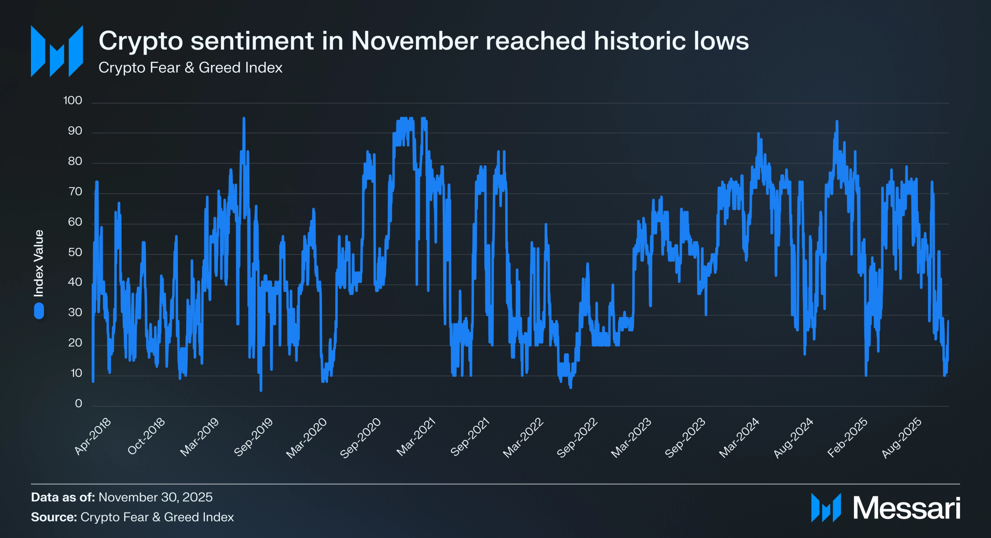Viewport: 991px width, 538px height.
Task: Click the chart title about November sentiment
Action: click(x=423, y=41)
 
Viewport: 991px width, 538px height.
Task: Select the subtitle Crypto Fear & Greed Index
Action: click(x=190, y=68)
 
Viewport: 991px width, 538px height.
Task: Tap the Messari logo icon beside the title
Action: click(x=57, y=51)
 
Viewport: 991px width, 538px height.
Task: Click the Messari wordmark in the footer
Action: click(x=906, y=508)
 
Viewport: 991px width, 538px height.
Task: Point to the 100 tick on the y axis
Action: click(x=73, y=100)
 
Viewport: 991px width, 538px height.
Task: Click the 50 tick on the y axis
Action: click(x=74, y=252)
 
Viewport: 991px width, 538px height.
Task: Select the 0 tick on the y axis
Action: click(x=78, y=404)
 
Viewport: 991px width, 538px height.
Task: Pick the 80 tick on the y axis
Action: click(x=74, y=161)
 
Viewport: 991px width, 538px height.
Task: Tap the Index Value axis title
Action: click(x=39, y=263)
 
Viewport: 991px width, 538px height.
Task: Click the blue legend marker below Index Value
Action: click(x=39, y=311)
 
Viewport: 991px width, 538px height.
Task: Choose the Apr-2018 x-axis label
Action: click(x=93, y=436)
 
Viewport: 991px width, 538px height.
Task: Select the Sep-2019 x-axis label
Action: click(x=254, y=437)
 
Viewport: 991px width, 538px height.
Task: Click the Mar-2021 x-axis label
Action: click(x=416, y=437)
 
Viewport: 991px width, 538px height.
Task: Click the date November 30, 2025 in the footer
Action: click(x=155, y=497)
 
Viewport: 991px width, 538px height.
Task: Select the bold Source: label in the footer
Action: click(x=54, y=517)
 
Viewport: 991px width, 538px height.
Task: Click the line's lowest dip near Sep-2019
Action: click(x=261, y=390)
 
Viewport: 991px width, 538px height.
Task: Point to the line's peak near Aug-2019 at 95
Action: click(x=244, y=119)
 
